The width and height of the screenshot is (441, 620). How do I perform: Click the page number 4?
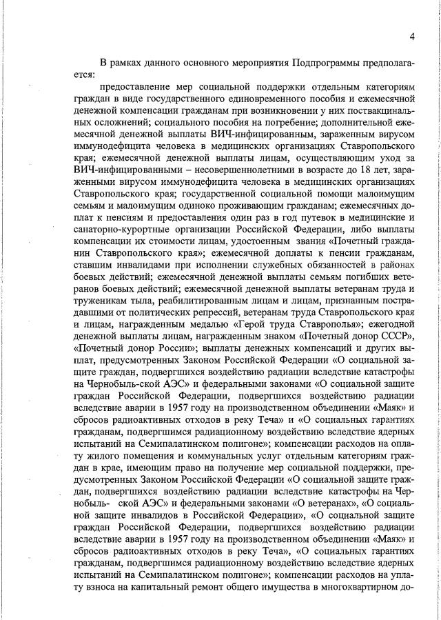411,37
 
